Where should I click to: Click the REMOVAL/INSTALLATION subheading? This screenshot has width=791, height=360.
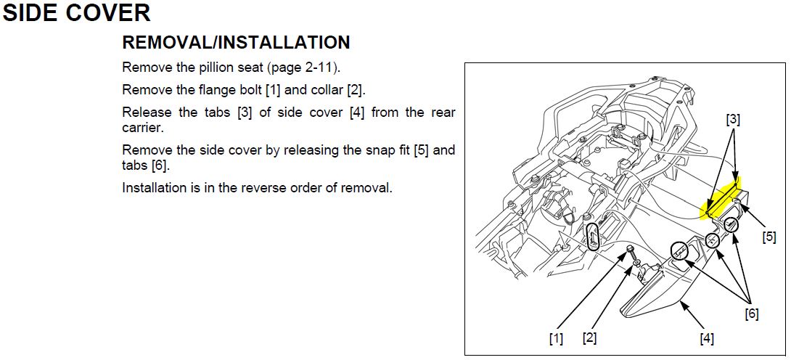[x=236, y=42]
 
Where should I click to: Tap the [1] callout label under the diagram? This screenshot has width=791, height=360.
[x=555, y=337]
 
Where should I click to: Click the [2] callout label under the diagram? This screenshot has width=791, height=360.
[x=589, y=337]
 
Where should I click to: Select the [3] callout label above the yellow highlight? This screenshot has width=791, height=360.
[x=734, y=120]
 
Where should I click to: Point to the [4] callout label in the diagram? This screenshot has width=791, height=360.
[x=707, y=339]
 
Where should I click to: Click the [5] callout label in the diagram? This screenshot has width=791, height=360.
[x=769, y=237]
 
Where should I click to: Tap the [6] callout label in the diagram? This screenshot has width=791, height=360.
[x=752, y=314]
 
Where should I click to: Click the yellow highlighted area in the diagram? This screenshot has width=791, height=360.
[x=721, y=199]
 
